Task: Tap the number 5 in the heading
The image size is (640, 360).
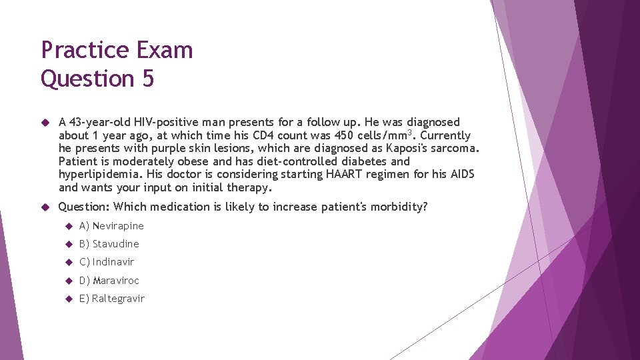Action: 147,79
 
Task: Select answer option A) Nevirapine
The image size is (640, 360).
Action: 111,226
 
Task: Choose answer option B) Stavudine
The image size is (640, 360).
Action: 109,244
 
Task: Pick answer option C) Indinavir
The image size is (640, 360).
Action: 107,262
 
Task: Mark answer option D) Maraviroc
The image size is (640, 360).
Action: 109,281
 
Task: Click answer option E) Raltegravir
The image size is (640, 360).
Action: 111,299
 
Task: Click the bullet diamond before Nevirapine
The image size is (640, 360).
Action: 68,226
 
